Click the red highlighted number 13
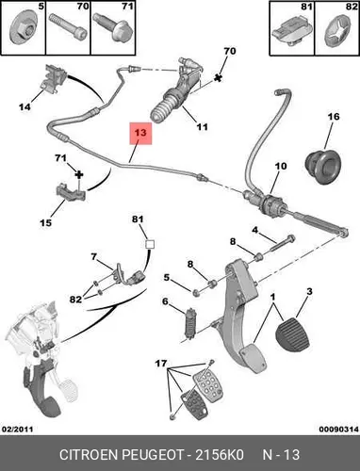coord(140,133)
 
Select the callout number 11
coord(203,127)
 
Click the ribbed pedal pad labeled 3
coord(293,335)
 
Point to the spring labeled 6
coord(190,324)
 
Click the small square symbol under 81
coord(150,244)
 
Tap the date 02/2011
coord(18,429)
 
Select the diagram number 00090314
coord(339,429)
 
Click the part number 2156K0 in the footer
coord(220,454)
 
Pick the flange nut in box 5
coord(22,31)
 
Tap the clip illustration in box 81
coord(290,33)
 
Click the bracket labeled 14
coord(53,78)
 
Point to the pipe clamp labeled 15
coord(71,192)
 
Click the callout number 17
coord(161,364)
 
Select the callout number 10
coord(281,166)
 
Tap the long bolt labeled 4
coord(282,242)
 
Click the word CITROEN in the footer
coord(89,454)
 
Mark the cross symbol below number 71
coord(79,174)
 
